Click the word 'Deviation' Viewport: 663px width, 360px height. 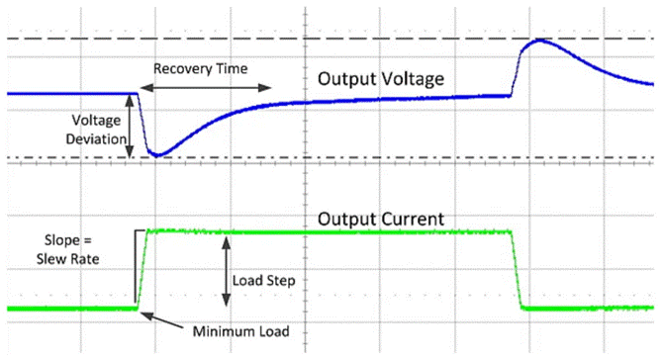tap(95, 139)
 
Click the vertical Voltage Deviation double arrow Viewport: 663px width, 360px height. tap(131, 126)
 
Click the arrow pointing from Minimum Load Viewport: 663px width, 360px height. tap(168, 322)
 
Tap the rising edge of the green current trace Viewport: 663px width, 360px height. tap(142, 269)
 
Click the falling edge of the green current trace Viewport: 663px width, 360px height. tap(518, 269)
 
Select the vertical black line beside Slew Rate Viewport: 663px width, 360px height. tap(133, 265)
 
